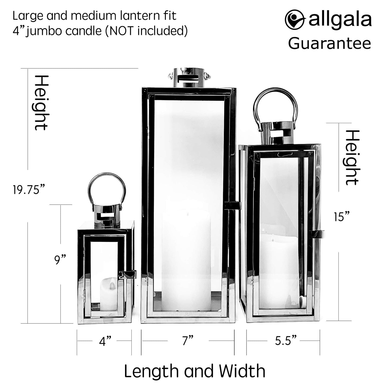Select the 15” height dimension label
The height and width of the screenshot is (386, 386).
point(342,217)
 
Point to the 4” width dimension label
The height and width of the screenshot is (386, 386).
point(105,341)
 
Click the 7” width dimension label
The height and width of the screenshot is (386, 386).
point(188,341)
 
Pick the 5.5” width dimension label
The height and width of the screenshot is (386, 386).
point(286,341)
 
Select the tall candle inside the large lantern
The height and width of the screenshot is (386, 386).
point(186,261)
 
